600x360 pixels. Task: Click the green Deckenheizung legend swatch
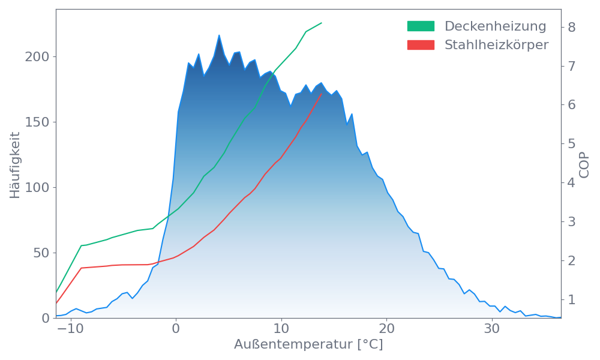pos(421,26)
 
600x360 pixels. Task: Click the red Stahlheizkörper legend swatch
pos(421,45)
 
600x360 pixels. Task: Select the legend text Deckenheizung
pos(495,26)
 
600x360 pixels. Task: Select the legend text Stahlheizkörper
pos(496,45)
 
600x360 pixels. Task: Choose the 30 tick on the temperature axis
pos(492,329)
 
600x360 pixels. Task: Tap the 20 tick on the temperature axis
pos(387,329)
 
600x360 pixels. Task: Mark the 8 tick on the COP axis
pos(571,27)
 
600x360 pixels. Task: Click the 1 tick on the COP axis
pos(571,299)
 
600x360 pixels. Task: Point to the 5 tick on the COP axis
pos(571,144)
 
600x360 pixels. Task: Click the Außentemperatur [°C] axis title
pos(308,346)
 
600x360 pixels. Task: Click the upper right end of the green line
pos(322,23)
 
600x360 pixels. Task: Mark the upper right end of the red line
pos(322,94)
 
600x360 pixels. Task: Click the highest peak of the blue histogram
pos(219,35)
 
